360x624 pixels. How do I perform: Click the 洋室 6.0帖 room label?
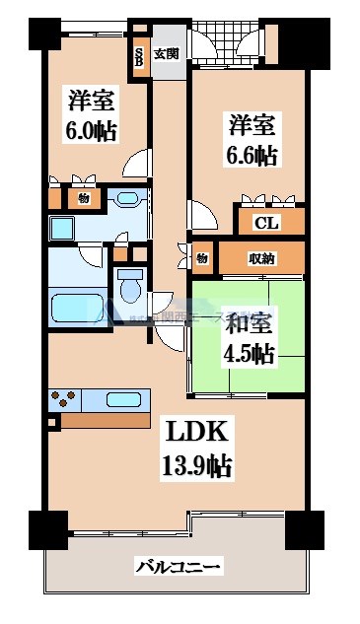pos(88,115)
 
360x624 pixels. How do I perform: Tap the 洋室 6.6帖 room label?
pos(252,141)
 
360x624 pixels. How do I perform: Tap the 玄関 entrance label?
pos(167,54)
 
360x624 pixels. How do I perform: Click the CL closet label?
pos(265,222)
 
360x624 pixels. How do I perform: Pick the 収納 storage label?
pos(262,258)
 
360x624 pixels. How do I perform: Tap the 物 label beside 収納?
pos(201,258)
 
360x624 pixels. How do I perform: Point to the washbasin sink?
pos(127,199)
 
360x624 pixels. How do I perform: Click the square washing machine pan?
pos(63,230)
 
